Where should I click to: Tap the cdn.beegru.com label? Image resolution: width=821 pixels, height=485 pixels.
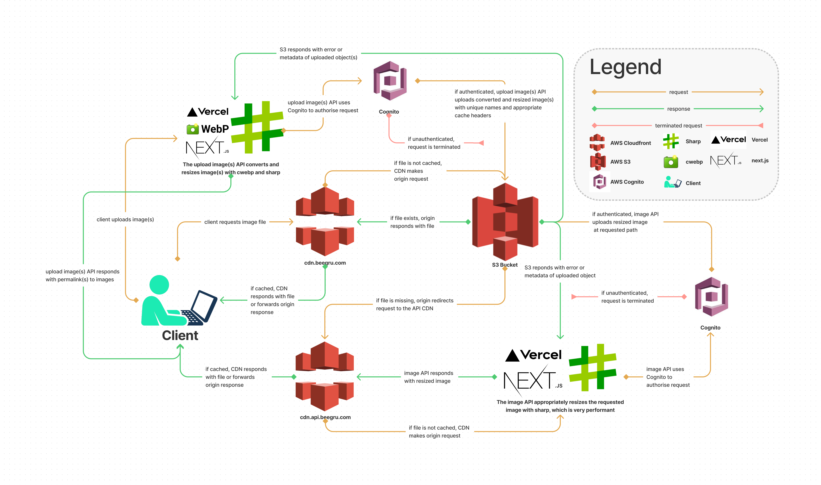(325, 263)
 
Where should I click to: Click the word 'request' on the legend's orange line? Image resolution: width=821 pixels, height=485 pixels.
(678, 92)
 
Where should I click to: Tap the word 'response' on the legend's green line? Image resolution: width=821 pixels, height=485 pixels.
(678, 109)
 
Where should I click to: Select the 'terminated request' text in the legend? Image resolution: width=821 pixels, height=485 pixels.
(678, 126)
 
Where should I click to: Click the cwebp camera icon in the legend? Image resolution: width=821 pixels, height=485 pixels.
(671, 162)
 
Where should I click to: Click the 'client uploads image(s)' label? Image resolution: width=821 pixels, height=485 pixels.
(125, 220)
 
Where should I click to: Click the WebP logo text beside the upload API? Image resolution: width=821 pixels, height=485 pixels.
(214, 129)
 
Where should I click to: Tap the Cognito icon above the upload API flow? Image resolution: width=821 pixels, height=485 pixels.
(390, 81)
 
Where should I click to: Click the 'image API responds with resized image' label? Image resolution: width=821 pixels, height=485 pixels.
(428, 377)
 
